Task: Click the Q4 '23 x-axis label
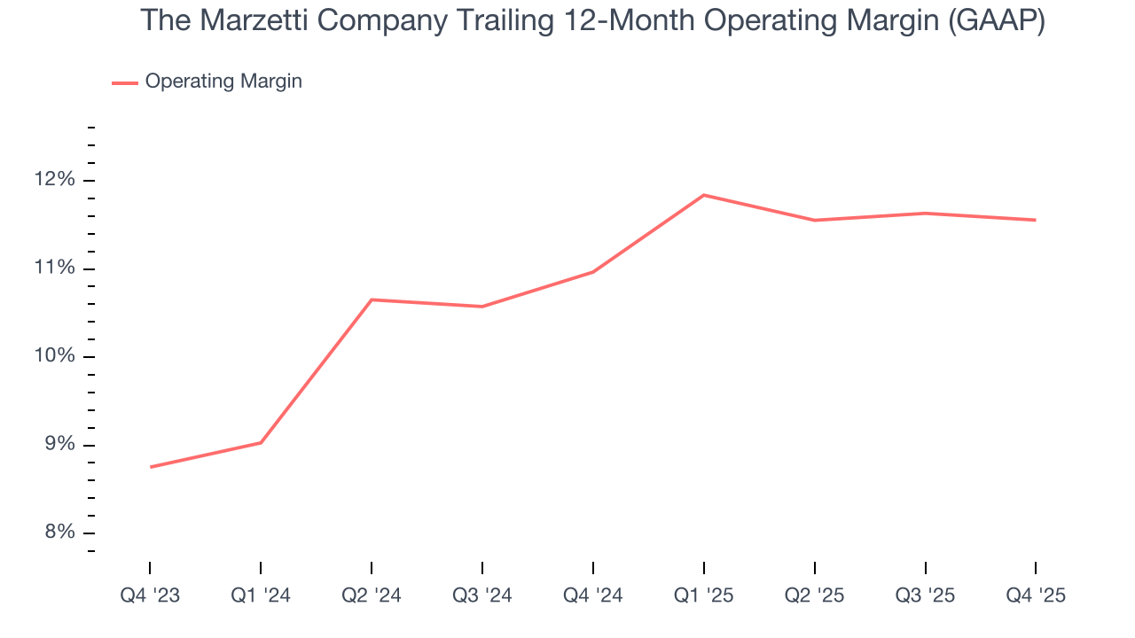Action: [x=150, y=595]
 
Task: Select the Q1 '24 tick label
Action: [x=261, y=595]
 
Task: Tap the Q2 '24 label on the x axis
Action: [x=372, y=595]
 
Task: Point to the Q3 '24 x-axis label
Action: [x=482, y=595]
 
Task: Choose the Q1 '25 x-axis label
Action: [x=703, y=595]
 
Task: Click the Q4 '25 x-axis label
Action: [x=1036, y=595]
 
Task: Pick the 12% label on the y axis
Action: [x=55, y=180]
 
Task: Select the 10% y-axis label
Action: [x=55, y=356]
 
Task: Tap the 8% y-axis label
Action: [x=59, y=533]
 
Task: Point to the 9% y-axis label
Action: [x=59, y=445]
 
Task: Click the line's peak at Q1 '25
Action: [x=703, y=195]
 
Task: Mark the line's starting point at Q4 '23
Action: [x=150, y=467]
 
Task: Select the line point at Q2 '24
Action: [x=372, y=300]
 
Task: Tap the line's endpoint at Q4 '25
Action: [x=1036, y=220]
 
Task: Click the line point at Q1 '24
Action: [x=261, y=442]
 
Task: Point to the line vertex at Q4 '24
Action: [x=592, y=272]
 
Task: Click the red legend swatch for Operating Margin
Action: [x=124, y=82]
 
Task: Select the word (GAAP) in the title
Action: [x=997, y=21]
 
